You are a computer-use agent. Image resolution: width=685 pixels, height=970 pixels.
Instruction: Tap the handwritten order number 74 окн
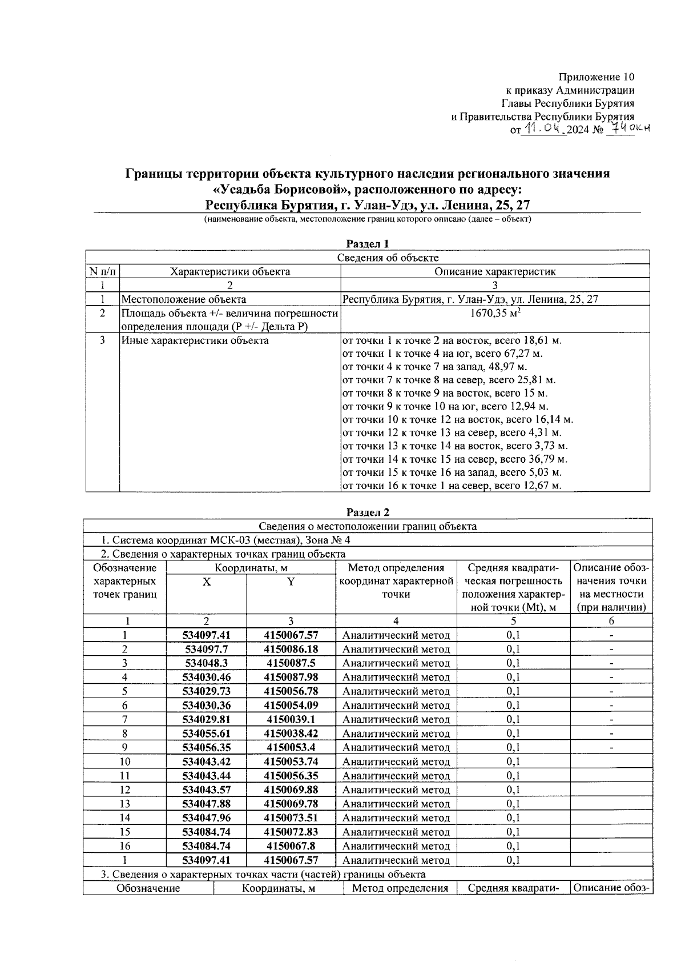point(628,129)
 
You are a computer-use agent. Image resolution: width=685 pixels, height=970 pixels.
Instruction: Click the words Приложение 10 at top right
point(596,77)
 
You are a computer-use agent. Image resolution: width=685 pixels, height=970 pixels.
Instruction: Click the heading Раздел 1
point(367,244)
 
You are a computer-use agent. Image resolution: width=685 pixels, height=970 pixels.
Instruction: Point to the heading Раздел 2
point(367,512)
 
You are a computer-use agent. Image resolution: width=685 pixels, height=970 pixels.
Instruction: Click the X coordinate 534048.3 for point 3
point(206,663)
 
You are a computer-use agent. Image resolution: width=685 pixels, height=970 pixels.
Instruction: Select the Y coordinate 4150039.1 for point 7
point(291,719)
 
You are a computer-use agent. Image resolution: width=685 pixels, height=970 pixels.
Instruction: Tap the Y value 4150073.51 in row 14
point(291,817)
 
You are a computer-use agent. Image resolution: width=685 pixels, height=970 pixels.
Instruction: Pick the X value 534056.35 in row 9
point(206,747)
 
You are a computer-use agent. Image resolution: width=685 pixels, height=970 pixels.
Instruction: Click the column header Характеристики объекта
point(230,272)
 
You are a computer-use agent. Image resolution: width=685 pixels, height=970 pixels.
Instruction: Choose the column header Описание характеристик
point(494,272)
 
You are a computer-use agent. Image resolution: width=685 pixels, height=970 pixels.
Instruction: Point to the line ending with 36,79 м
point(454,459)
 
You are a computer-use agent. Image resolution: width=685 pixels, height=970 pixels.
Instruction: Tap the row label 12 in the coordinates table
point(124,789)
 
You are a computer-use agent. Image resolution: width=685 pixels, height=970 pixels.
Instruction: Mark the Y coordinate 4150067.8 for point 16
point(291,846)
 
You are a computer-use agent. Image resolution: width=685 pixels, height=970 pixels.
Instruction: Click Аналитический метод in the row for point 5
point(396,691)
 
